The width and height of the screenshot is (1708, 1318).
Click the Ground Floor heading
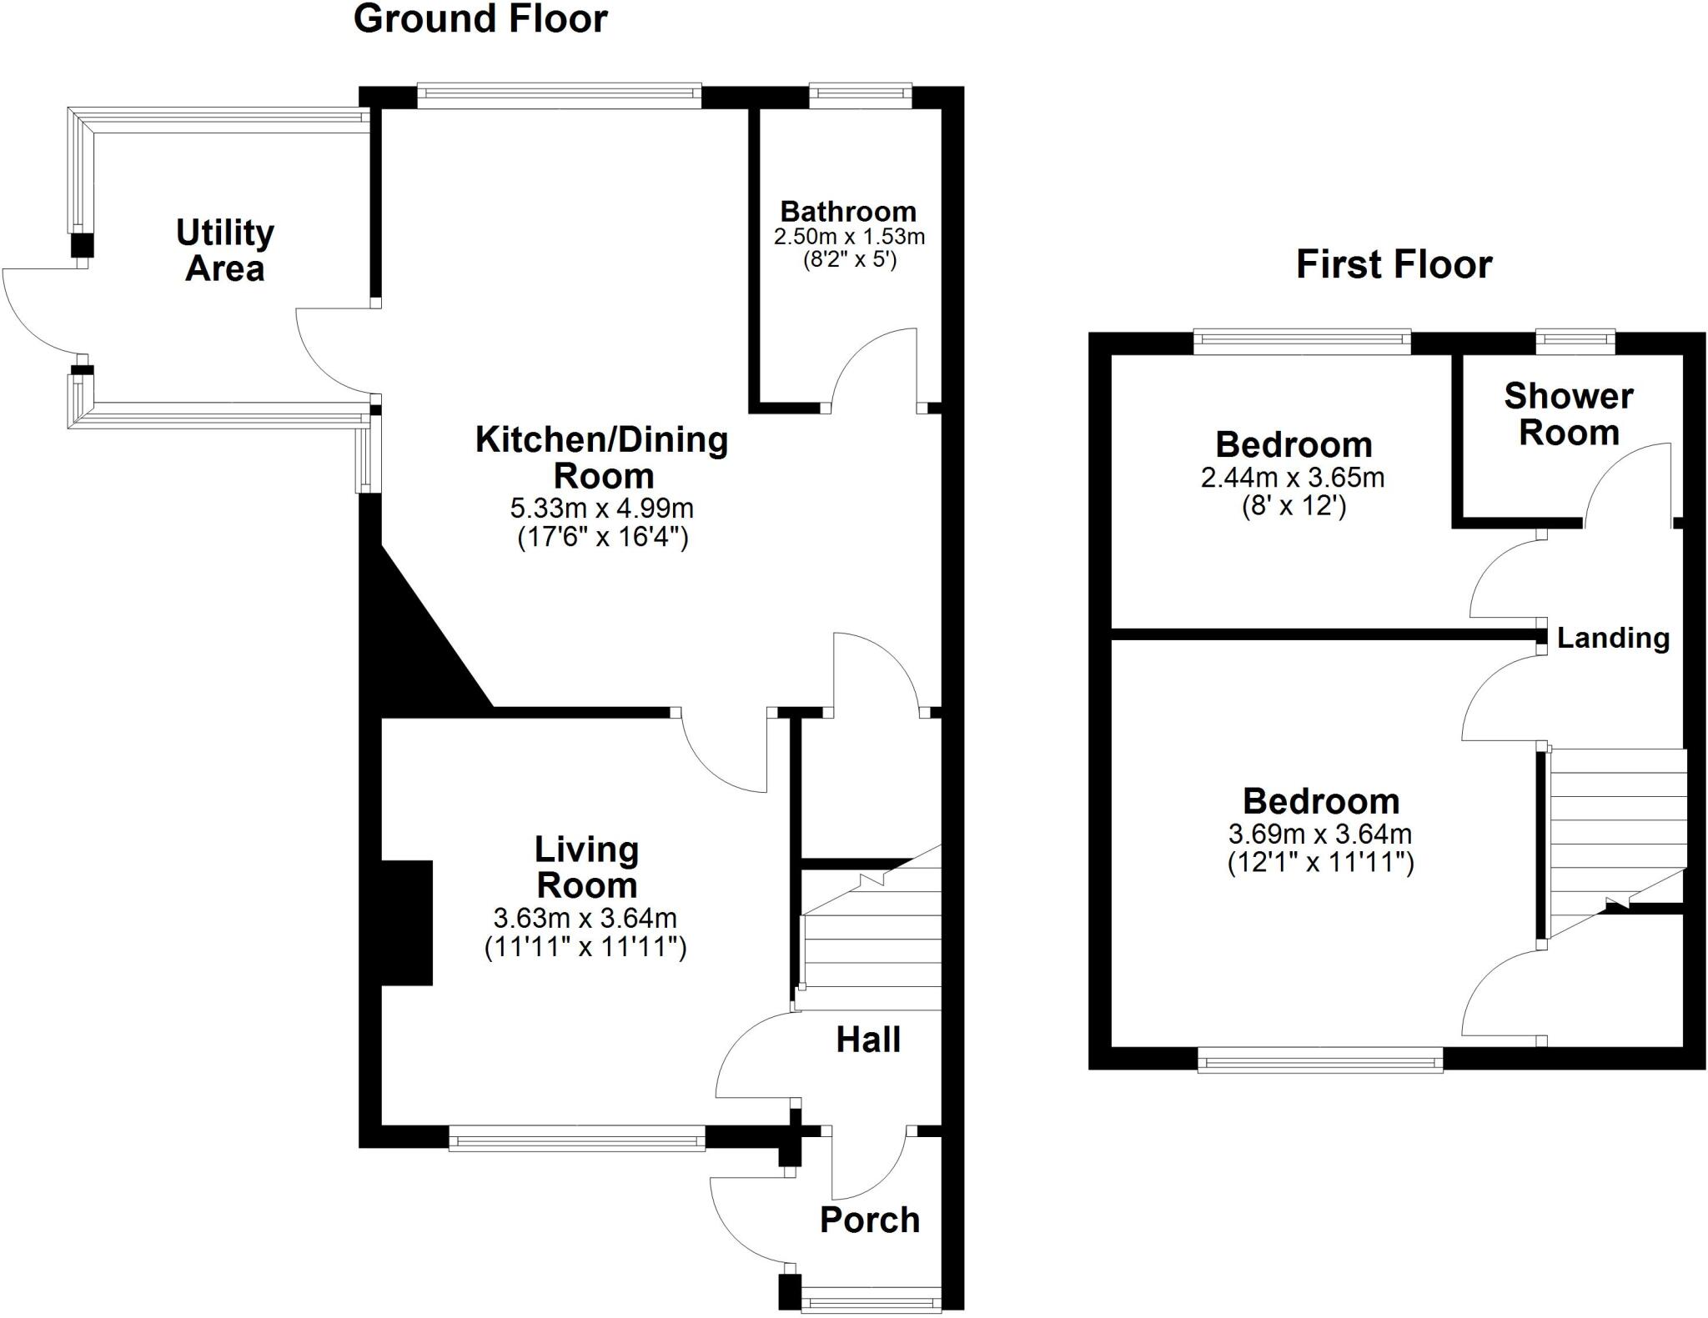(480, 19)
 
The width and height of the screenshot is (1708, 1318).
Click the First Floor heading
(1394, 264)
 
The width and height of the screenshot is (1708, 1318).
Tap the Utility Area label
(224, 250)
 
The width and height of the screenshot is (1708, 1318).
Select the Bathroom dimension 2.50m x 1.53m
(849, 237)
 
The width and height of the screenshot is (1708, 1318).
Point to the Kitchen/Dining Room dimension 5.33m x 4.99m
(601, 508)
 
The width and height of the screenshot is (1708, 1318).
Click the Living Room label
(586, 867)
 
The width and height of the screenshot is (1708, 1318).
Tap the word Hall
(868, 1040)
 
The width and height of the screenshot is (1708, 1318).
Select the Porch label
(869, 1220)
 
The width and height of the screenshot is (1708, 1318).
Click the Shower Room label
(1568, 414)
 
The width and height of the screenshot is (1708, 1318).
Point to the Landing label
(1613, 638)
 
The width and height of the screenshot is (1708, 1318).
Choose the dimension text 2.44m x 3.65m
(1293, 478)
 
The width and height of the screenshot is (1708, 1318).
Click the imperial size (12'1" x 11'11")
(1320, 862)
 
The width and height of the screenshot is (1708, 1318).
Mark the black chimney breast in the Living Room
(407, 923)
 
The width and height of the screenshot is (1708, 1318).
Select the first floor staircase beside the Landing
(1614, 834)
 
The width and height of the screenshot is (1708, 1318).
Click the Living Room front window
(577, 1138)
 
